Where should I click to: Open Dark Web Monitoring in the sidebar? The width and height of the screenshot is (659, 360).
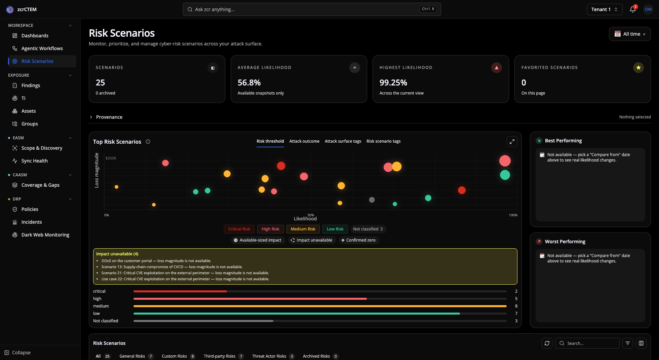coord(45,235)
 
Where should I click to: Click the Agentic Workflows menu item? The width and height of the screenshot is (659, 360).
coord(42,48)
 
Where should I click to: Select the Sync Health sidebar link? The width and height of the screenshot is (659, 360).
coord(34,161)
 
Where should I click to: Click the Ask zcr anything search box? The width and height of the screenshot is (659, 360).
coord(312,9)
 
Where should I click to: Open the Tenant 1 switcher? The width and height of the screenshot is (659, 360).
coord(604,9)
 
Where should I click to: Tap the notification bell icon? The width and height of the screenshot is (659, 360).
coord(632,9)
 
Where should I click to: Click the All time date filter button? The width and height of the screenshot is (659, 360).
coord(629,34)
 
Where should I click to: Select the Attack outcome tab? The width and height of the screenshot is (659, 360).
coord(304,141)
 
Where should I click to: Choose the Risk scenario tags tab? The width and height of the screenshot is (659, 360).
coord(383,141)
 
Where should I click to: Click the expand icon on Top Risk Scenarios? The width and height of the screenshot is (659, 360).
coord(512,142)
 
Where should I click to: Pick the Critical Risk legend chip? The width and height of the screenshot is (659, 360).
coord(239,229)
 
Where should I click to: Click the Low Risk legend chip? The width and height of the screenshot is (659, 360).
coord(335,229)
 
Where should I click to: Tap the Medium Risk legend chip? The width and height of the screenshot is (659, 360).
coord(303,229)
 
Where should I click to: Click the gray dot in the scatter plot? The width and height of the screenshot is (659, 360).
coord(372,200)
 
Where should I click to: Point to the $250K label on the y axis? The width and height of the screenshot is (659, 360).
coord(111,158)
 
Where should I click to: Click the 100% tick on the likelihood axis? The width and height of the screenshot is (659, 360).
coord(513,215)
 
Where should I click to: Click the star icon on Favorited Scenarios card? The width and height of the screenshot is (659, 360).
coord(638,68)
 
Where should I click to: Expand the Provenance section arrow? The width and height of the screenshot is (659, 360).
coord(91,117)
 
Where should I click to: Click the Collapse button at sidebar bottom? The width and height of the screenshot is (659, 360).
coord(17,353)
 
